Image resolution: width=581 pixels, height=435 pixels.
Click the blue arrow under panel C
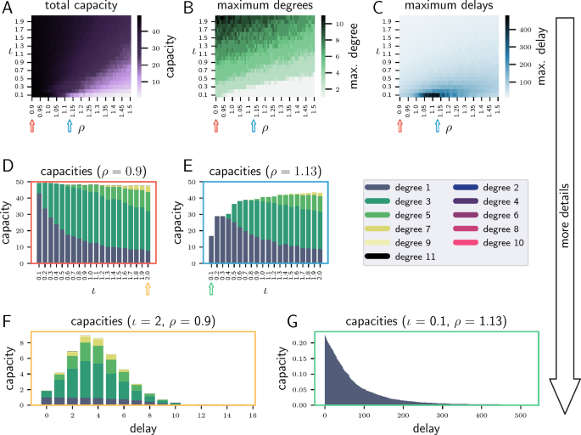(437, 126)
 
